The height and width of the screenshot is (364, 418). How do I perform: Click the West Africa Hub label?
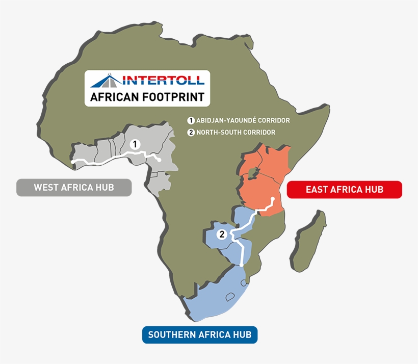point(74,188)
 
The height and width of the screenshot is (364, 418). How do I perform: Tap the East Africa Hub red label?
point(345,190)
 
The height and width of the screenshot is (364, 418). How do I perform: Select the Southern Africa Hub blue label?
point(200,335)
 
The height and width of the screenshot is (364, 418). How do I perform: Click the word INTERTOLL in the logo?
point(163,80)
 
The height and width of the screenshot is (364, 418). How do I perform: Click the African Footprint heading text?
point(147,97)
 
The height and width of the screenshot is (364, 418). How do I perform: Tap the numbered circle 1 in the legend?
point(191,121)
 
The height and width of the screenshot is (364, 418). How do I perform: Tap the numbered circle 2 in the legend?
point(191,133)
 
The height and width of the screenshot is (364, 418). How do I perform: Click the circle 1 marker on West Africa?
point(135,144)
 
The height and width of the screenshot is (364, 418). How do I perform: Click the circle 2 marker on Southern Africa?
point(221,235)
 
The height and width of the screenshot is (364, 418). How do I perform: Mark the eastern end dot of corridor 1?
point(159,161)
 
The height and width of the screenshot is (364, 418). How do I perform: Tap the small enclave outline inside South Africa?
point(230,297)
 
